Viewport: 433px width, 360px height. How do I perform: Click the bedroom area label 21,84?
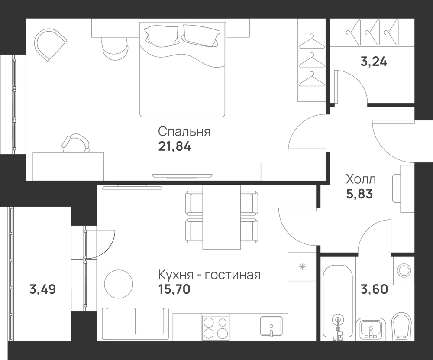tap(174, 146)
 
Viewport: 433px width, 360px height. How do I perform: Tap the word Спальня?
tap(184, 132)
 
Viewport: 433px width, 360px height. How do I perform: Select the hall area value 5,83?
tap(359, 194)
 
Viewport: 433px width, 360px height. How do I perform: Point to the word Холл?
tap(361, 180)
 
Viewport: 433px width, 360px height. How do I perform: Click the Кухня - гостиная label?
tap(209, 275)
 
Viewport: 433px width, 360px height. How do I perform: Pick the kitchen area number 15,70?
tap(174, 289)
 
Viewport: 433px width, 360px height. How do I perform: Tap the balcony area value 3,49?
tap(42, 289)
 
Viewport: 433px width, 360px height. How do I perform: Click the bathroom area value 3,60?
tap(375, 289)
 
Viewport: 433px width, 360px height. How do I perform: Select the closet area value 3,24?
tap(374, 62)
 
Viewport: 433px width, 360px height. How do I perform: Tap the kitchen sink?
tap(271, 327)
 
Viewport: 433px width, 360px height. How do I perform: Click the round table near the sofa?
tap(119, 284)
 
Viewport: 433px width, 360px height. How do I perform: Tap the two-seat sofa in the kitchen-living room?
tap(135, 324)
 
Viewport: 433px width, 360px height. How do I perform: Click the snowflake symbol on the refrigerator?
tap(302, 267)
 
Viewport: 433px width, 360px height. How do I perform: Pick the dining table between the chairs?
tap(221, 217)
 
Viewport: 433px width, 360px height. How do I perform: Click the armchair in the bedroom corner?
tap(50, 44)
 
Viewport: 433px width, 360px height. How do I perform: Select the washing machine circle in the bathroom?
tap(404, 269)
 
